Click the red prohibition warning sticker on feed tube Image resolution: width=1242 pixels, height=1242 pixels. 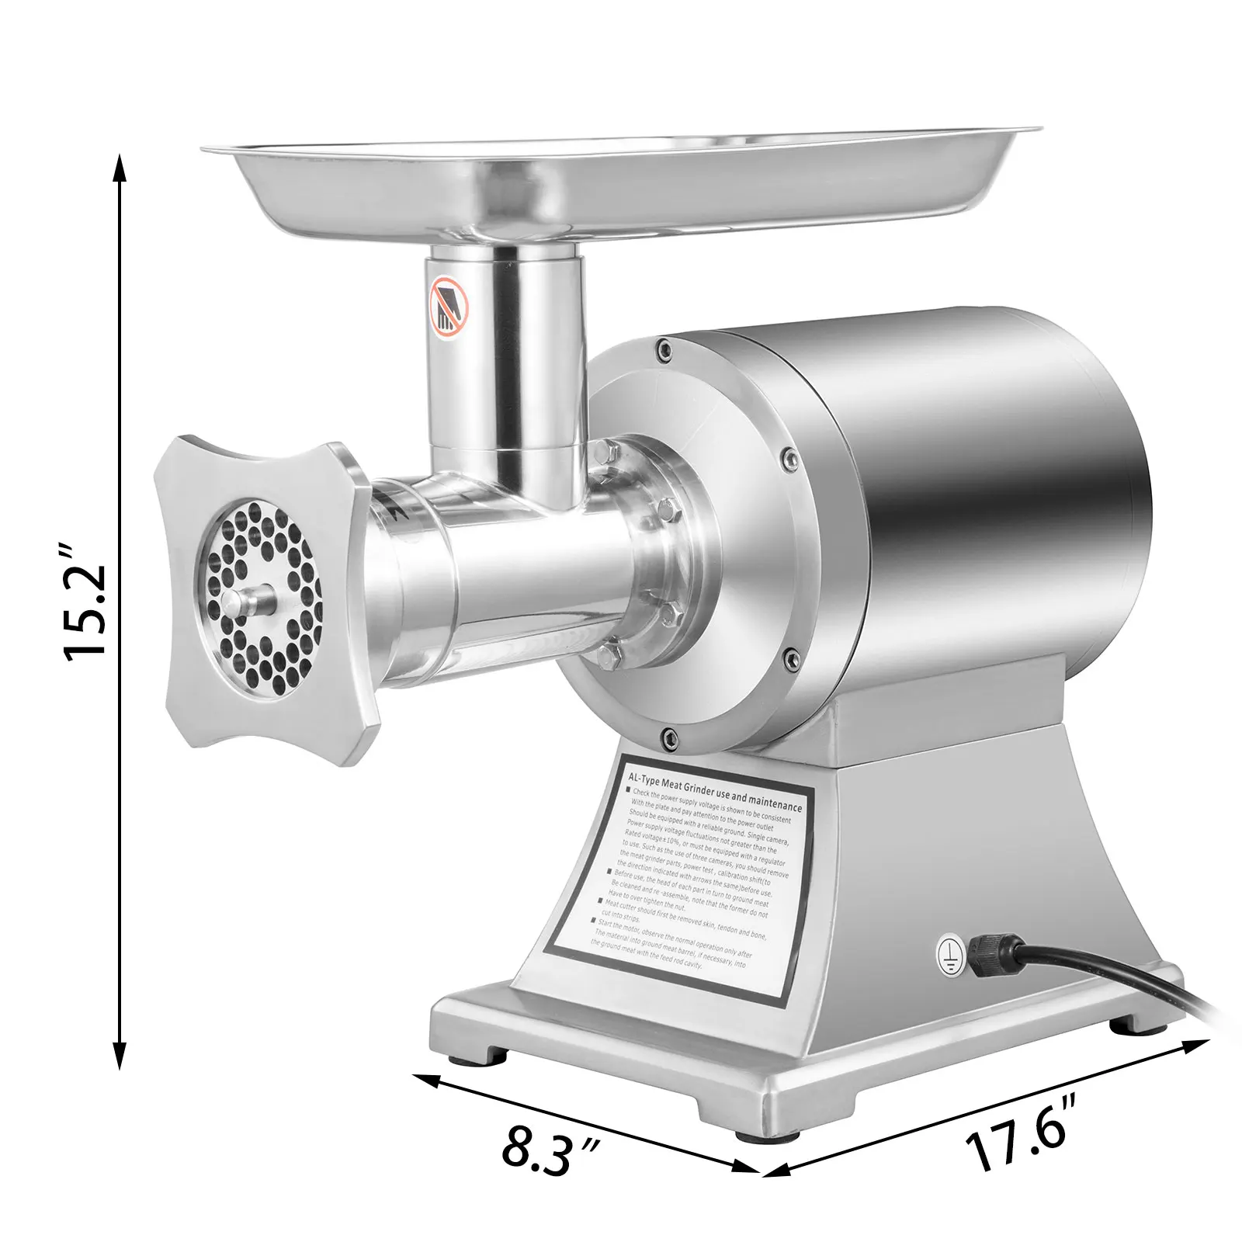[449, 307]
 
